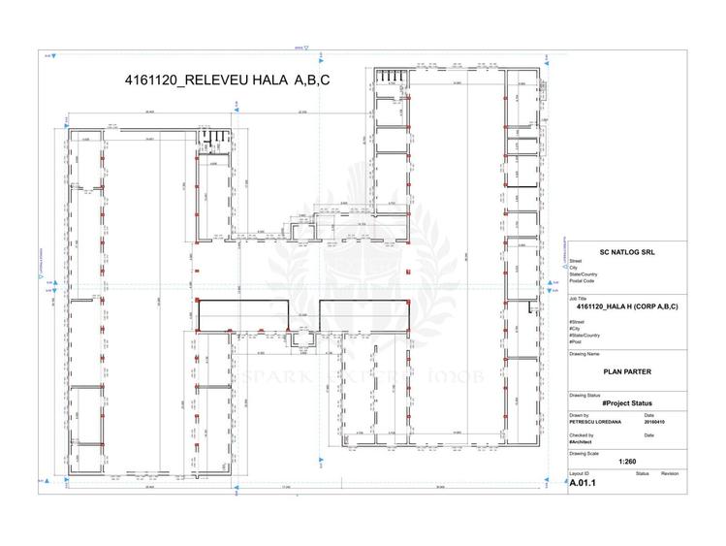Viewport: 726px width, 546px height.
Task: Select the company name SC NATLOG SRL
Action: coord(627,250)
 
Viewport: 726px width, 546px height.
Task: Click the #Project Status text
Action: coord(627,402)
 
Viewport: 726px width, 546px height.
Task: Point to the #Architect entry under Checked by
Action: coord(581,441)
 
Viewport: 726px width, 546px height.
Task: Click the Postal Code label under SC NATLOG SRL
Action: coord(582,281)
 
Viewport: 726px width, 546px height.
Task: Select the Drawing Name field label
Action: coord(584,354)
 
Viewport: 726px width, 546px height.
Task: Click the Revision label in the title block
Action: coord(671,473)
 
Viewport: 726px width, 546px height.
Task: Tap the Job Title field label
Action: coord(578,298)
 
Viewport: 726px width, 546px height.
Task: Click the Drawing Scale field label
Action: coord(585,453)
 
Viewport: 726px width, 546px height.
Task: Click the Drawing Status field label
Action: coord(585,394)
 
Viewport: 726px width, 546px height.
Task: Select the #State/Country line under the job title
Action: coord(584,335)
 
